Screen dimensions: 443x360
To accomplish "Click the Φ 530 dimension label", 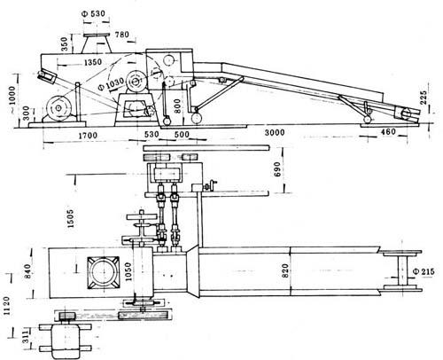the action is click(x=94, y=13).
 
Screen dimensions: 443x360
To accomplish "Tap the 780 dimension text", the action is click(x=122, y=35).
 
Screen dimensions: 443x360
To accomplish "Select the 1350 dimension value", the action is click(x=93, y=62).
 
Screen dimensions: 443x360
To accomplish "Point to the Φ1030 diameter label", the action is click(x=110, y=83).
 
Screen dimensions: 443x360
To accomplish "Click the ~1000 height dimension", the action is click(x=12, y=96).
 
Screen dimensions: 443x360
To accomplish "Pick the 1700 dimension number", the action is click(x=88, y=136).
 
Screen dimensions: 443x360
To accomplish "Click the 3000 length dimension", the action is click(x=275, y=132).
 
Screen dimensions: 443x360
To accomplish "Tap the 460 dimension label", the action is click(x=388, y=132).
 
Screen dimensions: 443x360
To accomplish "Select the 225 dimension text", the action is click(x=424, y=98).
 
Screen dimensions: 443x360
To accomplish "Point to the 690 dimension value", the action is click(x=277, y=169).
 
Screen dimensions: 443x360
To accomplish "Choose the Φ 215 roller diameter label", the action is click(x=424, y=271).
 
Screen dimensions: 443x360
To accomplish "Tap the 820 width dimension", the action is click(x=284, y=270).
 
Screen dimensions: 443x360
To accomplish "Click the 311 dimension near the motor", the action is click(x=27, y=337).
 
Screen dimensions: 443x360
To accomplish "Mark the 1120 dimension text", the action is click(x=6, y=306).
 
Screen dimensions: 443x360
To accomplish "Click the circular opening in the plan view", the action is click(x=104, y=272).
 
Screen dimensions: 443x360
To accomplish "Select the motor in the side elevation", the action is click(x=58, y=108).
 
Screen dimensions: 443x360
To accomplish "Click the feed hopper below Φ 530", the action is click(x=97, y=43).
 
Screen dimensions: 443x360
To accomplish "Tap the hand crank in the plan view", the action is click(x=212, y=186).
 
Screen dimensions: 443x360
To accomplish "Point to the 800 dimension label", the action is click(x=177, y=106).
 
